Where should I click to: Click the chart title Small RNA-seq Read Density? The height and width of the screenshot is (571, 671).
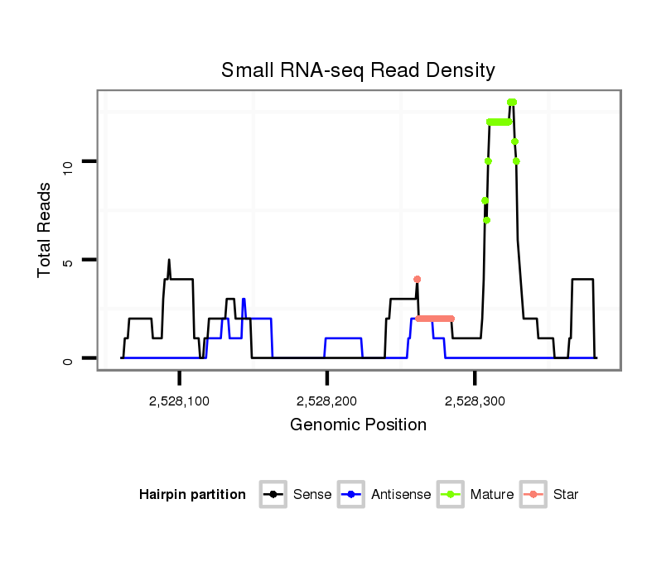click(x=358, y=70)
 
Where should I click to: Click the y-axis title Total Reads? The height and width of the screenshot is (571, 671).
click(x=46, y=230)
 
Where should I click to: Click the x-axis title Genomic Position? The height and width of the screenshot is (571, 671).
click(x=358, y=425)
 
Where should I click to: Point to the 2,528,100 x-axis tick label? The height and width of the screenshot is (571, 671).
click(x=180, y=401)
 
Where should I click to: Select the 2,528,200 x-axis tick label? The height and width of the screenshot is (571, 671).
click(x=326, y=401)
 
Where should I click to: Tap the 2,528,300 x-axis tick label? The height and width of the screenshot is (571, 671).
click(x=475, y=401)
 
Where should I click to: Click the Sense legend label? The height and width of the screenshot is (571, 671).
click(x=312, y=495)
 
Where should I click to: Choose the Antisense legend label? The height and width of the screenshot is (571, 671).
click(x=401, y=495)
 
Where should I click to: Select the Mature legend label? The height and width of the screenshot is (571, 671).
click(x=492, y=495)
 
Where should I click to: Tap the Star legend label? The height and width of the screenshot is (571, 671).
click(x=567, y=495)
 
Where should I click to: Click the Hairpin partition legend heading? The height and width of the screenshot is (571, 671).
click(x=192, y=495)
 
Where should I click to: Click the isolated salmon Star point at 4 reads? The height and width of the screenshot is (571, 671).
click(x=417, y=280)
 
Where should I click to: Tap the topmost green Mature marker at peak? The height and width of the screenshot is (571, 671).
click(x=512, y=103)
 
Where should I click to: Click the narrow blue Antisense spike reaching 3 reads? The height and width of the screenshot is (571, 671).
click(x=244, y=300)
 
